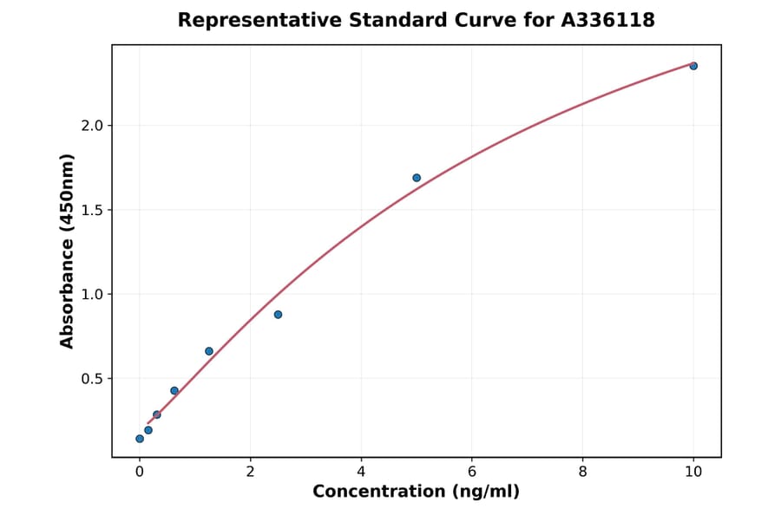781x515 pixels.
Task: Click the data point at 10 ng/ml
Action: point(693,66)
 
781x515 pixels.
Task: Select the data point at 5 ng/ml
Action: point(417,178)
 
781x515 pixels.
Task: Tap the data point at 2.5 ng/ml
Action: point(278,314)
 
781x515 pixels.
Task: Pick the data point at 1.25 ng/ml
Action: point(209,351)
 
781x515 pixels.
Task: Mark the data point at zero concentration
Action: point(140,439)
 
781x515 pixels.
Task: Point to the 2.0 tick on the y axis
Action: point(92,126)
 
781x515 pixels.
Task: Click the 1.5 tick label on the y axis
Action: point(92,210)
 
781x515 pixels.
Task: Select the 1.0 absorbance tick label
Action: point(92,295)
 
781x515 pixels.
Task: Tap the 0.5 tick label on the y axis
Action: point(92,379)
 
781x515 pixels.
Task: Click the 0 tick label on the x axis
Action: point(140,472)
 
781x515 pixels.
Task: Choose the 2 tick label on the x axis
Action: point(250,472)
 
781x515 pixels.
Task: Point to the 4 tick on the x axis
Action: point(361,472)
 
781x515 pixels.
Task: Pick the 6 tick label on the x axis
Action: point(472,472)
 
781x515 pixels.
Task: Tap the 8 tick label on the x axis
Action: point(582,472)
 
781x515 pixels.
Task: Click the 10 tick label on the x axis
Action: point(693,472)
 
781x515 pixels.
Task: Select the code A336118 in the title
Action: point(610,20)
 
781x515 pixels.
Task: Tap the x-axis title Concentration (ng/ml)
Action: point(416,492)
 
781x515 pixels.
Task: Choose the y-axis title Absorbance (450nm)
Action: point(67,251)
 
